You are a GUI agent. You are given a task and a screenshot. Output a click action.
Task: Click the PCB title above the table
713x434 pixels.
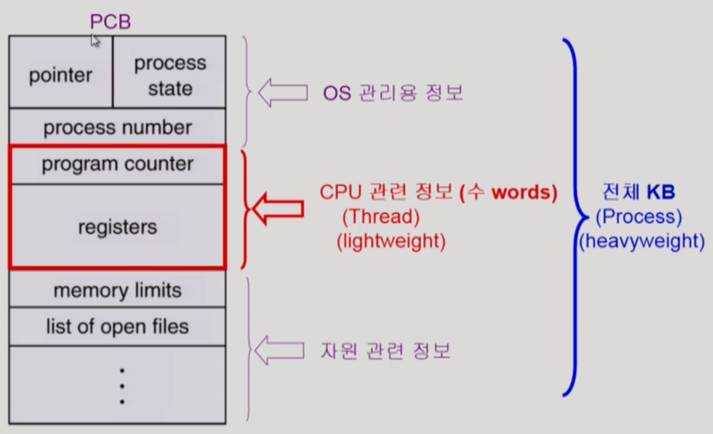tap(110, 22)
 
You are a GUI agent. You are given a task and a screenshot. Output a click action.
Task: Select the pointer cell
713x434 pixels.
tap(60, 75)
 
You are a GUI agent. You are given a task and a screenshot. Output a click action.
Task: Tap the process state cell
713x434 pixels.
tap(170, 75)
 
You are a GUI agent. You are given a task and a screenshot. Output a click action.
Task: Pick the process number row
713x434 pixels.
tap(118, 127)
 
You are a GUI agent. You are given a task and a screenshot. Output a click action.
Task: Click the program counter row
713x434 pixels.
tap(118, 165)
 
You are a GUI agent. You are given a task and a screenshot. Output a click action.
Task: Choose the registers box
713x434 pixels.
tap(118, 226)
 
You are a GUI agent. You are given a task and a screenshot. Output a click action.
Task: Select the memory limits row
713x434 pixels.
tap(118, 290)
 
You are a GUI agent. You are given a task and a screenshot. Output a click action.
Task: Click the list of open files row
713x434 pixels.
tap(118, 327)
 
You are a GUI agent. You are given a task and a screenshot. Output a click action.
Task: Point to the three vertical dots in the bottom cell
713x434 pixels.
tap(122, 386)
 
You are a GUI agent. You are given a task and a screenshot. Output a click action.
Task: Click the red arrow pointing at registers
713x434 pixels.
tap(278, 209)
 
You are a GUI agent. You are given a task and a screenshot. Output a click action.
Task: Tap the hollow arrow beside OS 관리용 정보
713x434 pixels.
tap(282, 93)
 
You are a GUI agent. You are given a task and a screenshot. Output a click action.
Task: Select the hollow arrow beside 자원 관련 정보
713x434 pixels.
tap(278, 350)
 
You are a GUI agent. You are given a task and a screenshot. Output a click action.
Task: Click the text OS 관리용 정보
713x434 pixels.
tap(393, 93)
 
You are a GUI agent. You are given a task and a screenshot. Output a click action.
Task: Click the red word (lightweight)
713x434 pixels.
tap(391, 241)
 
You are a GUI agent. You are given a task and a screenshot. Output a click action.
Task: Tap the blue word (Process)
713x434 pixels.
tap(638, 217)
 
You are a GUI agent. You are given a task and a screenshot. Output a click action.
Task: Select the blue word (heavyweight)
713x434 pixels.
tap(641, 241)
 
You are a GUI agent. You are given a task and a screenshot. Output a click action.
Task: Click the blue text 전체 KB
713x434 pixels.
tap(638, 192)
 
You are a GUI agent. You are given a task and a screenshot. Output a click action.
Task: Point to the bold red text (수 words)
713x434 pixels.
tap(508, 192)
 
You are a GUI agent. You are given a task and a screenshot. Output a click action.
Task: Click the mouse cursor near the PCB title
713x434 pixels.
tap(95, 41)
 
